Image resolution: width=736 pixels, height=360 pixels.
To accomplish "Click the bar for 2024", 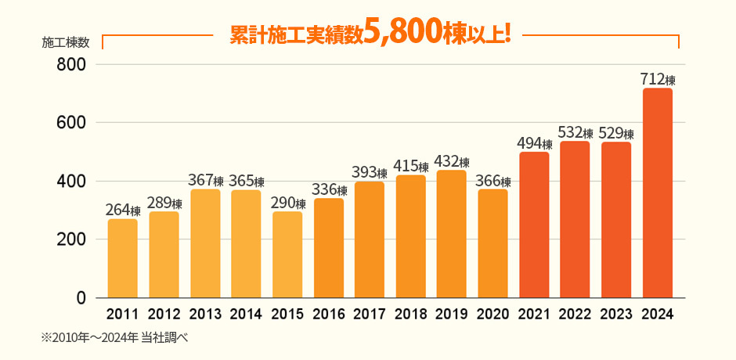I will (x=657, y=193).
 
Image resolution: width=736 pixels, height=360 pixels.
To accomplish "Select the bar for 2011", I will (x=122, y=258).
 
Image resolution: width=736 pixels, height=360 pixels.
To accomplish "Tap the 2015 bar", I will (x=287, y=254).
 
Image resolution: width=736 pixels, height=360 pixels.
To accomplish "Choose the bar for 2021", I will (x=534, y=225).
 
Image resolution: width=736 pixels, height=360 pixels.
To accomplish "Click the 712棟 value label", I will (x=657, y=79).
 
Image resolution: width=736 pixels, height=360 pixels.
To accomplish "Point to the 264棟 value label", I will (x=122, y=211).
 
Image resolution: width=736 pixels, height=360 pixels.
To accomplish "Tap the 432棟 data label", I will (x=452, y=162).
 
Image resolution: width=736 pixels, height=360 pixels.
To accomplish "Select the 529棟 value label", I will (x=616, y=133).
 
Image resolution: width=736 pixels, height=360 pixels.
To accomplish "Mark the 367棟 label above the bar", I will (x=205, y=181).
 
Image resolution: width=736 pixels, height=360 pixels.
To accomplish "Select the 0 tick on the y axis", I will (x=81, y=298).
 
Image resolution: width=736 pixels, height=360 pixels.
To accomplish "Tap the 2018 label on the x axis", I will (x=410, y=315).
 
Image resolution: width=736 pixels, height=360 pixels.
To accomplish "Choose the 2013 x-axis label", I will (x=205, y=315).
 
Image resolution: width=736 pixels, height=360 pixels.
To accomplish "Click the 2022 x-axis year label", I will (x=575, y=315).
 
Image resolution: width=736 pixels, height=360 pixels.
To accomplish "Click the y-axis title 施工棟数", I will (x=65, y=42).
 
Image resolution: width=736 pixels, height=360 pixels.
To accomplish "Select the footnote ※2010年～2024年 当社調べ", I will (x=116, y=338).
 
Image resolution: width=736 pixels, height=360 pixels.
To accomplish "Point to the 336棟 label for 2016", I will (x=328, y=190).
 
